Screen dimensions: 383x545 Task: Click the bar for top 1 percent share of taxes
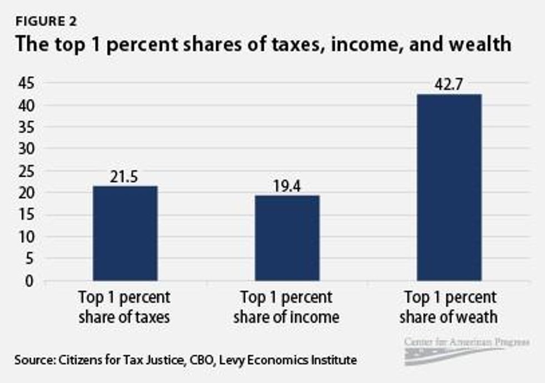pos(125,233)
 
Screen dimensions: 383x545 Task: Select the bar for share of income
pos(287,238)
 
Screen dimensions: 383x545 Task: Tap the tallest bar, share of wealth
pos(450,187)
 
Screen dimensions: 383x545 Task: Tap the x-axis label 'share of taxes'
pos(125,317)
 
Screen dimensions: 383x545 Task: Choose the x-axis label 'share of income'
pos(286,317)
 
